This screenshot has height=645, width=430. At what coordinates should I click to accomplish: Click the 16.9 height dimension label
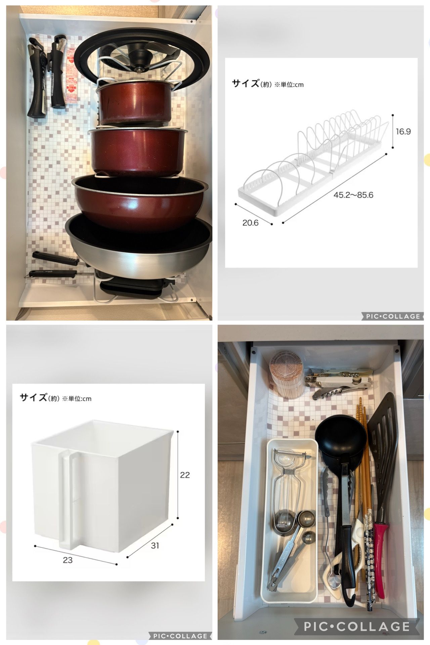click(403, 131)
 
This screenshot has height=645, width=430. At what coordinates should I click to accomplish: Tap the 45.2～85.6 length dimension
click(353, 195)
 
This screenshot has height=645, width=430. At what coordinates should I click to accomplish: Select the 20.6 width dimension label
click(250, 223)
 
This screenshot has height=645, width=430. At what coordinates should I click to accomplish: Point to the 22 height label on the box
click(185, 475)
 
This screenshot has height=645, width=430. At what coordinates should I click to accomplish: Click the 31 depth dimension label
click(155, 545)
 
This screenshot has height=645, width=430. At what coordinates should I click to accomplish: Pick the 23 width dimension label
click(68, 560)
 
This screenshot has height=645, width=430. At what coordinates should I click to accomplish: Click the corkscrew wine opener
click(339, 383)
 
